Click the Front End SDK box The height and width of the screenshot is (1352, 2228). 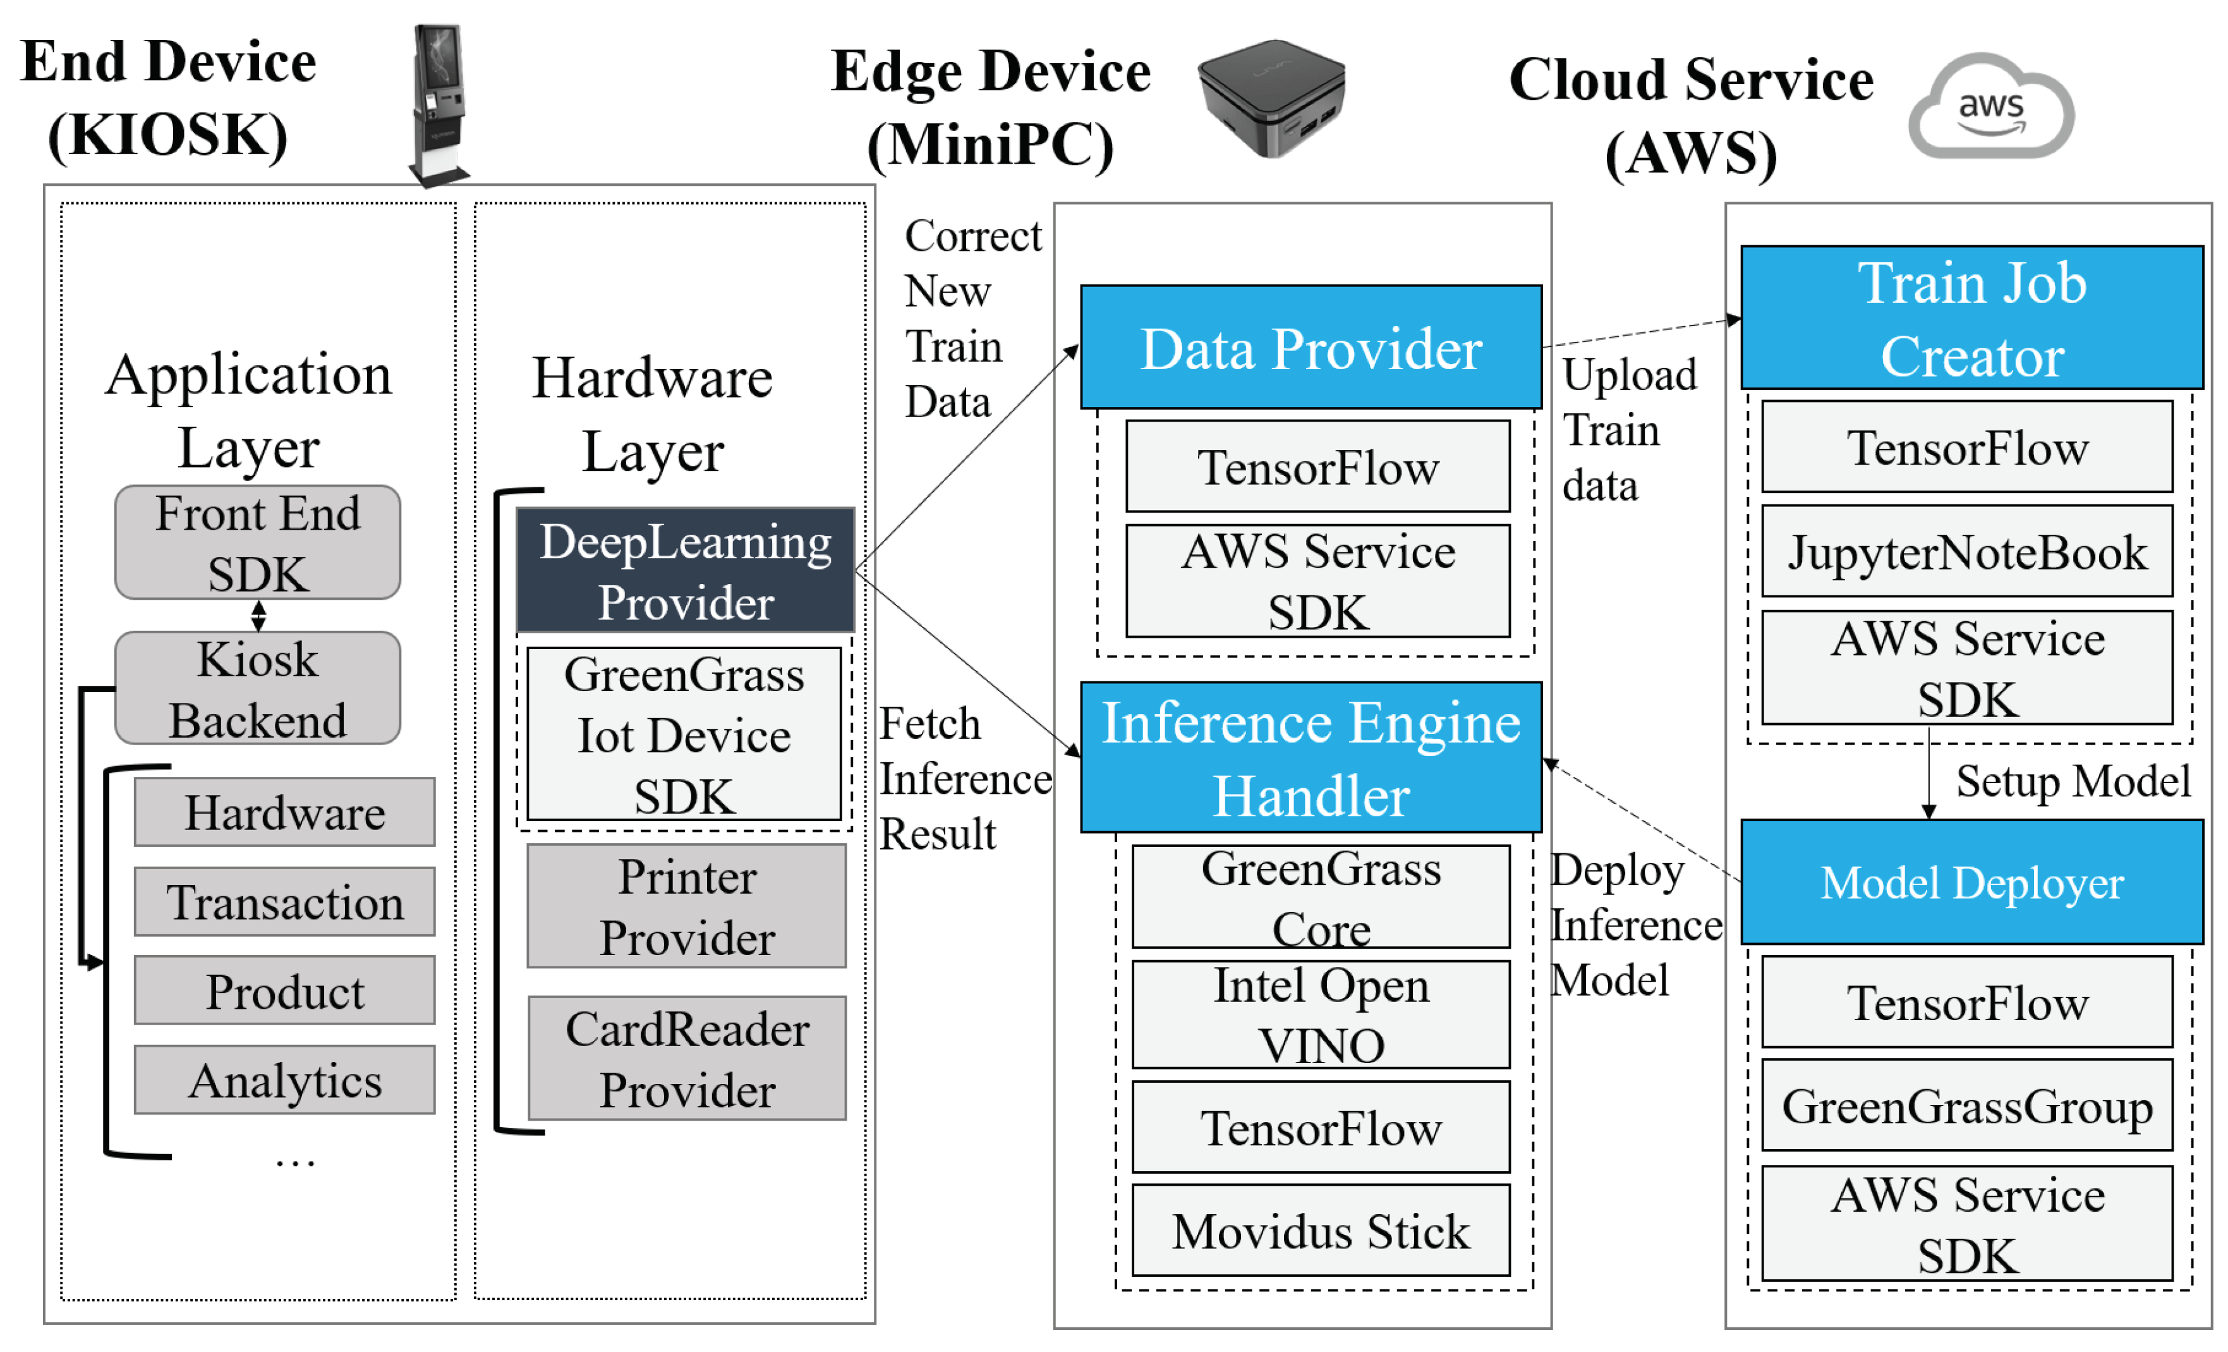click(x=258, y=542)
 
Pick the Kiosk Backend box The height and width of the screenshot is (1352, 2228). click(x=258, y=688)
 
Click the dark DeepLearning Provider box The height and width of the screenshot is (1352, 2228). click(x=686, y=571)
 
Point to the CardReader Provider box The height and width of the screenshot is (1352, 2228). click(x=687, y=1058)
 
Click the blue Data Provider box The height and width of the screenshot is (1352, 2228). click(x=1311, y=348)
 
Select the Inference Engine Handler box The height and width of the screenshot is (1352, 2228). click(x=1311, y=758)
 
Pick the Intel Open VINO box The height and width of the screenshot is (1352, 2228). click(x=1321, y=1014)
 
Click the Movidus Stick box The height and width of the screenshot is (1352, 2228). click(x=1321, y=1231)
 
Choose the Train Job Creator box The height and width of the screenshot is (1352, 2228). click(x=1972, y=319)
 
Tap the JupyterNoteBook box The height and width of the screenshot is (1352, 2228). click(x=1968, y=552)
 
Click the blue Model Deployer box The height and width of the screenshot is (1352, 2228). click(x=1972, y=882)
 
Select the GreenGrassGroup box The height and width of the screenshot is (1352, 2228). click(x=1968, y=1106)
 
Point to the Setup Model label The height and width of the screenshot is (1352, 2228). click(x=2073, y=781)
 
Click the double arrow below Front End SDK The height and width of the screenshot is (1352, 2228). click(x=258, y=616)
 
